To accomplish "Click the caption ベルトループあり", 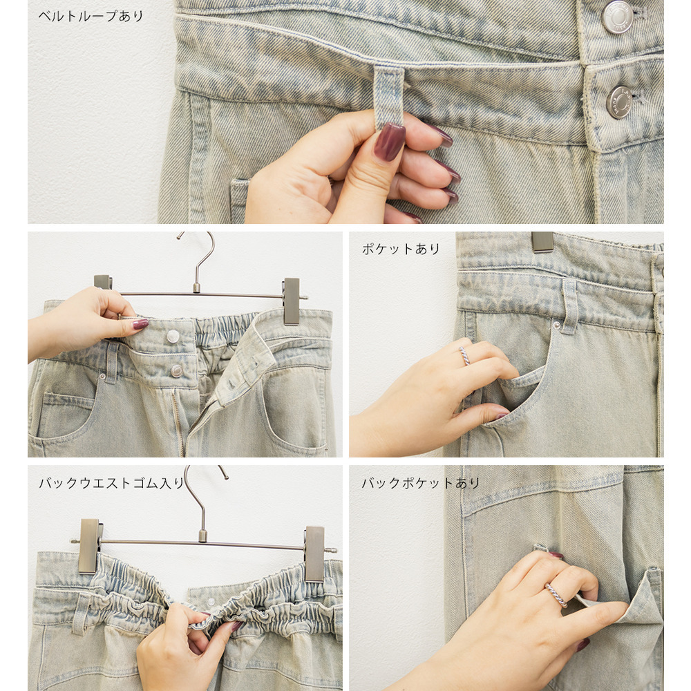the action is [x=91, y=17].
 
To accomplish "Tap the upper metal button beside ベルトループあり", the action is [x=618, y=17].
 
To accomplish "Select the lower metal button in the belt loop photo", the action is [x=619, y=102].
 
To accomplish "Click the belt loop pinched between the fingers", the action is [x=388, y=95].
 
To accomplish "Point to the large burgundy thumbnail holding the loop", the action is [x=389, y=142].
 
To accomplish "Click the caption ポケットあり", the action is [x=401, y=249].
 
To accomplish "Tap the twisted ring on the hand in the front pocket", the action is [x=464, y=356].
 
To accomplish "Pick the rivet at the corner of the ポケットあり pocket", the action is [x=556, y=325].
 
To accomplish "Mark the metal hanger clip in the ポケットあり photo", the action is [x=542, y=242].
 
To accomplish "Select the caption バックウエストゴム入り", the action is [x=111, y=483].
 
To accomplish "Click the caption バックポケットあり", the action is [x=420, y=483].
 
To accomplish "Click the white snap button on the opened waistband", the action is [x=173, y=337].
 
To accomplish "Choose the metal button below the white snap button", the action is [x=177, y=370].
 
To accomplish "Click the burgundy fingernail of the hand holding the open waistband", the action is [x=140, y=324].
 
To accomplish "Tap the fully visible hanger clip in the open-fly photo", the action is [x=292, y=301].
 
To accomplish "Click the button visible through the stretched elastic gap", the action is [x=211, y=602].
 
